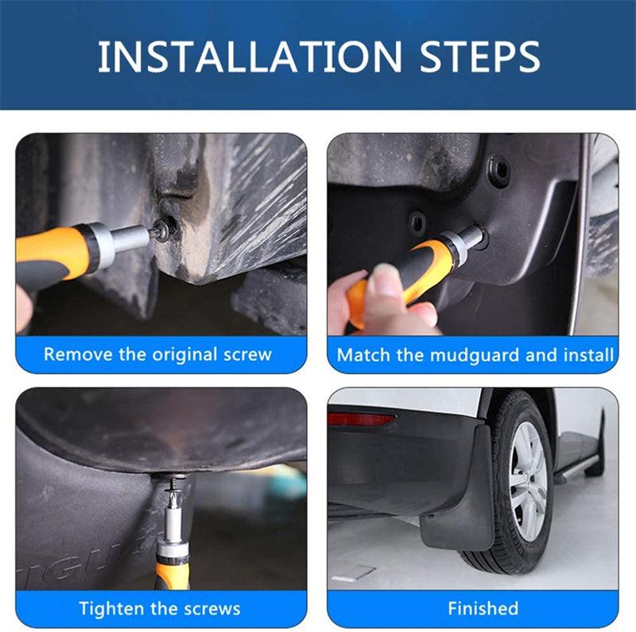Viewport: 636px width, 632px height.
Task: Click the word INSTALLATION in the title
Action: coord(247,56)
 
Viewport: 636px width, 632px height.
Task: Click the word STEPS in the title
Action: coord(475,56)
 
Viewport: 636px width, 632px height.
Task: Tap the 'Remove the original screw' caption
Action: coord(157,354)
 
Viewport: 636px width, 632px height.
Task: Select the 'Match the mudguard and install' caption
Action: coord(475,355)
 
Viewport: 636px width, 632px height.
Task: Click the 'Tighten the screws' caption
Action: coord(159,609)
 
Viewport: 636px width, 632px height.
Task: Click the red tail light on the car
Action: coord(361,419)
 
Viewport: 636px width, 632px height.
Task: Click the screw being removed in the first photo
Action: coord(165,231)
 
